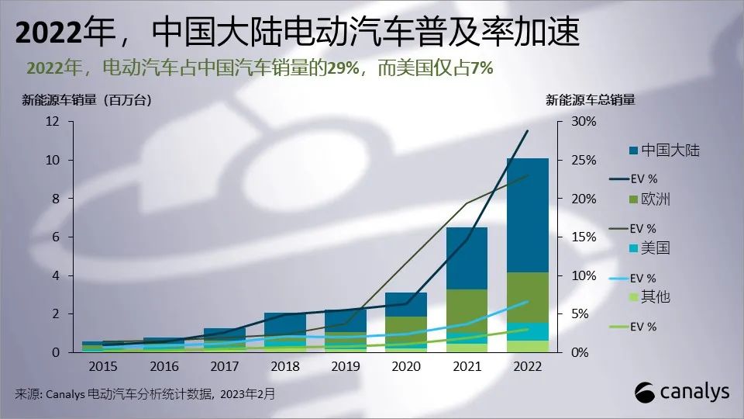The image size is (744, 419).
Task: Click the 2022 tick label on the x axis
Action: pos(527,365)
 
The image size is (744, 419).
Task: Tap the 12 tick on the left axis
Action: pos(53,121)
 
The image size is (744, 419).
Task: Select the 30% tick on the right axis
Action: pos(584,121)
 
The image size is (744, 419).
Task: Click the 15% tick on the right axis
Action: pos(584,237)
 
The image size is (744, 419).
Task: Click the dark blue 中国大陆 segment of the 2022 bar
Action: pos(527,215)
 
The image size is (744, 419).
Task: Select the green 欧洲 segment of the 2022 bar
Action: pos(527,296)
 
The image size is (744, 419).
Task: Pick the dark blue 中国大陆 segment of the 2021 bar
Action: pos(467,258)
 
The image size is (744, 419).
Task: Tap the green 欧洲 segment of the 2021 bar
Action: pos(467,310)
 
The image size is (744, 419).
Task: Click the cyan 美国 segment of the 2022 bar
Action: pos(527,331)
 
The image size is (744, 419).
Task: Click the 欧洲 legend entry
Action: pos(656,199)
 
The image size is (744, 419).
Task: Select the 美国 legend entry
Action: pos(656,248)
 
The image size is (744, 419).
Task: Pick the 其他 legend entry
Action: pos(656,297)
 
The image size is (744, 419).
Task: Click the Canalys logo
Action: pos(682,392)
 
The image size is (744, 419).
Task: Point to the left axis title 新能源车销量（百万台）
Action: pos(86,99)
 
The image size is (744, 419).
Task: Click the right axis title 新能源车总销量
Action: pos(591,99)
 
